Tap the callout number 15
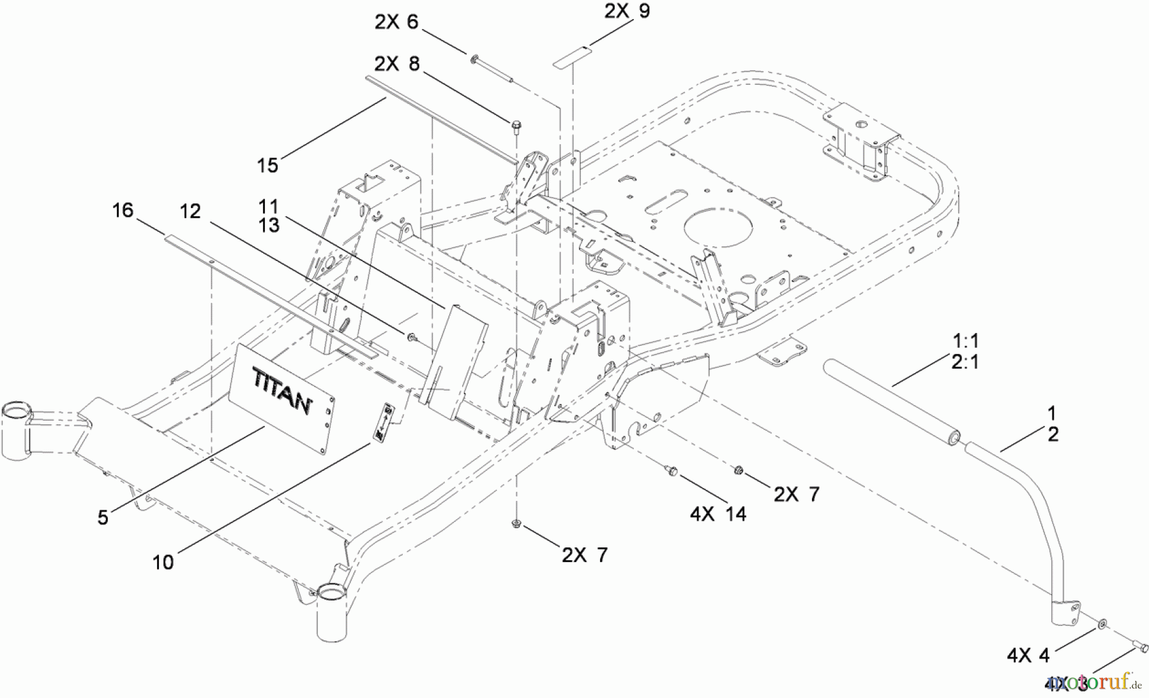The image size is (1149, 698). [x=267, y=165]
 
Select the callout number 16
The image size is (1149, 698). [x=123, y=210]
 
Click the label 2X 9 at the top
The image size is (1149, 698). [x=627, y=11]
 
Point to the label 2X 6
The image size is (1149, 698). [x=396, y=22]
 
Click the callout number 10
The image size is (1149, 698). [x=163, y=562]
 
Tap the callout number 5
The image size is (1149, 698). [x=103, y=517]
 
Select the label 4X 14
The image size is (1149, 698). [x=717, y=514]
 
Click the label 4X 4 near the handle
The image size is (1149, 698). [x=1028, y=655]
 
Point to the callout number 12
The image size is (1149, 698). [x=190, y=211]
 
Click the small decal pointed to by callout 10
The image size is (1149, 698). [x=385, y=420]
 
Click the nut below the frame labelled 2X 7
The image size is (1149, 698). [x=516, y=524]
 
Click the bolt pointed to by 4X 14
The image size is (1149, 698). [x=671, y=470]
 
